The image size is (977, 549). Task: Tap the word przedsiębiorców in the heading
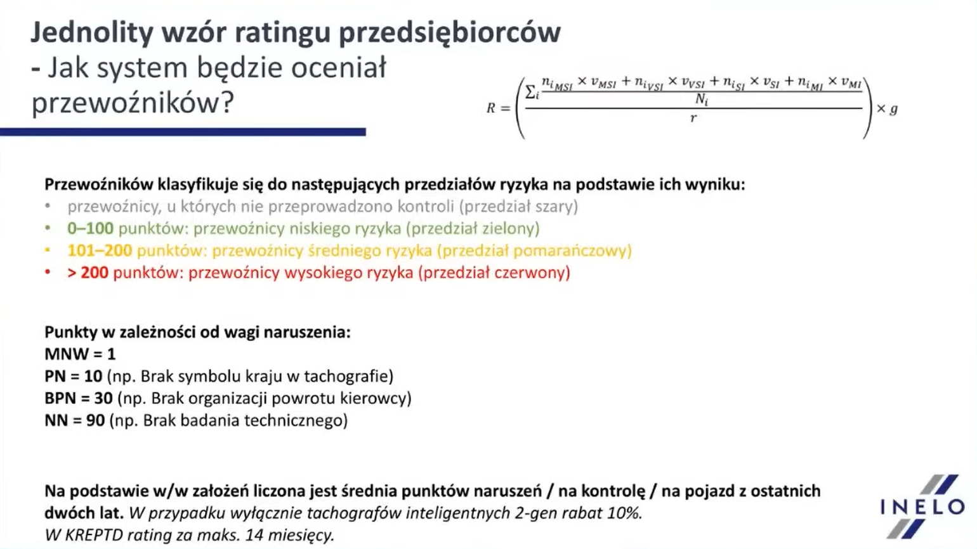pos(450,33)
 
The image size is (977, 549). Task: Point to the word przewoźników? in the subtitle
pos(133,103)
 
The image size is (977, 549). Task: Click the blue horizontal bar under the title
pos(183,132)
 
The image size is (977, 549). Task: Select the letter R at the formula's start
pos(491,108)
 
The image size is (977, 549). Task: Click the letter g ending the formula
pos(893,109)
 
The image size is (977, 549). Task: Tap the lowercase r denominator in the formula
pos(693,118)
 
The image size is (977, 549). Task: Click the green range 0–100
pos(90,228)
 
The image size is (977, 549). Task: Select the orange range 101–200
pos(100,250)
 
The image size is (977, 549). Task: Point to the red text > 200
pos(88,273)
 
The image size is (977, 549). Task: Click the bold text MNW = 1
pos(80,354)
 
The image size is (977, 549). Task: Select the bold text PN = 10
pos(74,376)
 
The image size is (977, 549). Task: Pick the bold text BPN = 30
pos(79,398)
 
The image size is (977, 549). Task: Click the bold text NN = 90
pos(75,420)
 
